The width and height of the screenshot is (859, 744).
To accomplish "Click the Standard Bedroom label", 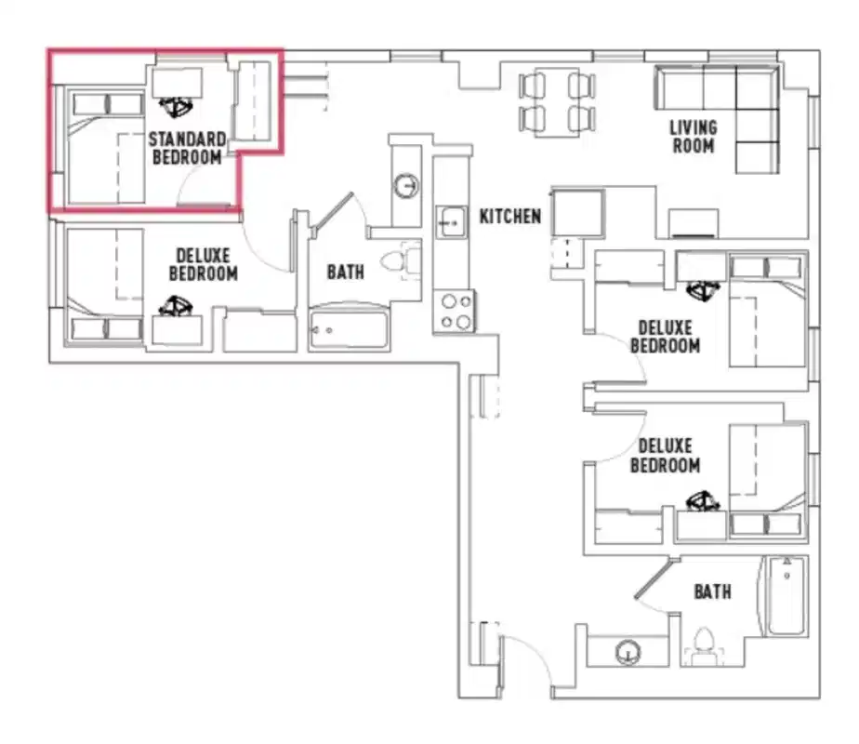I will (188, 149).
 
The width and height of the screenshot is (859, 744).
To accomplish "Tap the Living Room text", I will (694, 137).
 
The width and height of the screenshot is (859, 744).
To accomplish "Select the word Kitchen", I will (509, 217).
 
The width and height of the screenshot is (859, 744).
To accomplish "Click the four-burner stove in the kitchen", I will (455, 311).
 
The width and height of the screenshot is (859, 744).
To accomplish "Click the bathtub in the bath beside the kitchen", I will (348, 329).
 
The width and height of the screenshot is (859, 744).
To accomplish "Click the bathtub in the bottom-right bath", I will (786, 596).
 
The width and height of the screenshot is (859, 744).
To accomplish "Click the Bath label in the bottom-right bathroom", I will (712, 591).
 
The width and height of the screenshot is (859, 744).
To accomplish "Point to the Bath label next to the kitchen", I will (345, 272).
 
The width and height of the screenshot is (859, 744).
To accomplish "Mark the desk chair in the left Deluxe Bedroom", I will (176, 305).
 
